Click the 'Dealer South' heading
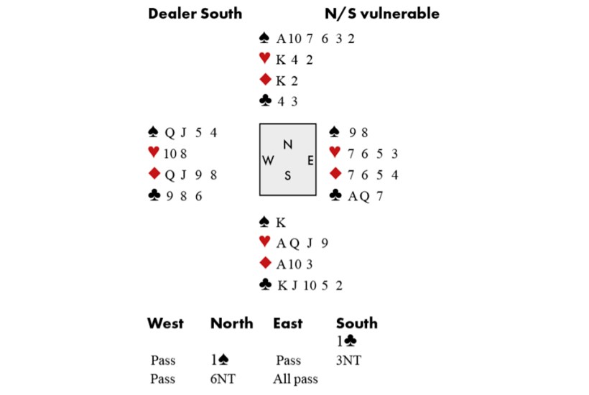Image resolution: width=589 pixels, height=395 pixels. click(x=195, y=14)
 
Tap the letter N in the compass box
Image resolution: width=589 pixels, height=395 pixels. click(x=287, y=144)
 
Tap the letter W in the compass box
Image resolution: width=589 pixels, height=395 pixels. click(x=267, y=161)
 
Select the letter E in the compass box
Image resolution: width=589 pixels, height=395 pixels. click(x=310, y=161)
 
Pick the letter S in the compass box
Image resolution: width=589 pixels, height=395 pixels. click(x=287, y=177)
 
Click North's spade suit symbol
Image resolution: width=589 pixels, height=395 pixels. click(x=265, y=38)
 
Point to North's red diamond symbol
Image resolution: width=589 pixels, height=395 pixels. click(x=265, y=80)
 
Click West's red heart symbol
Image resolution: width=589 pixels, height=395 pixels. click(x=152, y=152)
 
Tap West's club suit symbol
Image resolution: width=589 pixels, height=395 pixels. click(x=152, y=195)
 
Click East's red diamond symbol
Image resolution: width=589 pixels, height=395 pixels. click(x=334, y=174)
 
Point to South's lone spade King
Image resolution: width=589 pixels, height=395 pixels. click(x=281, y=223)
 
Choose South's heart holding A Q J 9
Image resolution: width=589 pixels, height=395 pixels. click(x=302, y=243)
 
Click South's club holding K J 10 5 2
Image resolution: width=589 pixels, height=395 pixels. click(x=310, y=286)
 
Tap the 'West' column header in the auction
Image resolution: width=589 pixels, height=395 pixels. click(x=165, y=323)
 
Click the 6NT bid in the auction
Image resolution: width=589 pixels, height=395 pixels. click(x=226, y=378)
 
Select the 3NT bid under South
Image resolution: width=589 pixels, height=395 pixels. click(x=349, y=361)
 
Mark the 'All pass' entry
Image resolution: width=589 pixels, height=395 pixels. click(x=295, y=378)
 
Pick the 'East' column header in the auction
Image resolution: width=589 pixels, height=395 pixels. click(x=287, y=323)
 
